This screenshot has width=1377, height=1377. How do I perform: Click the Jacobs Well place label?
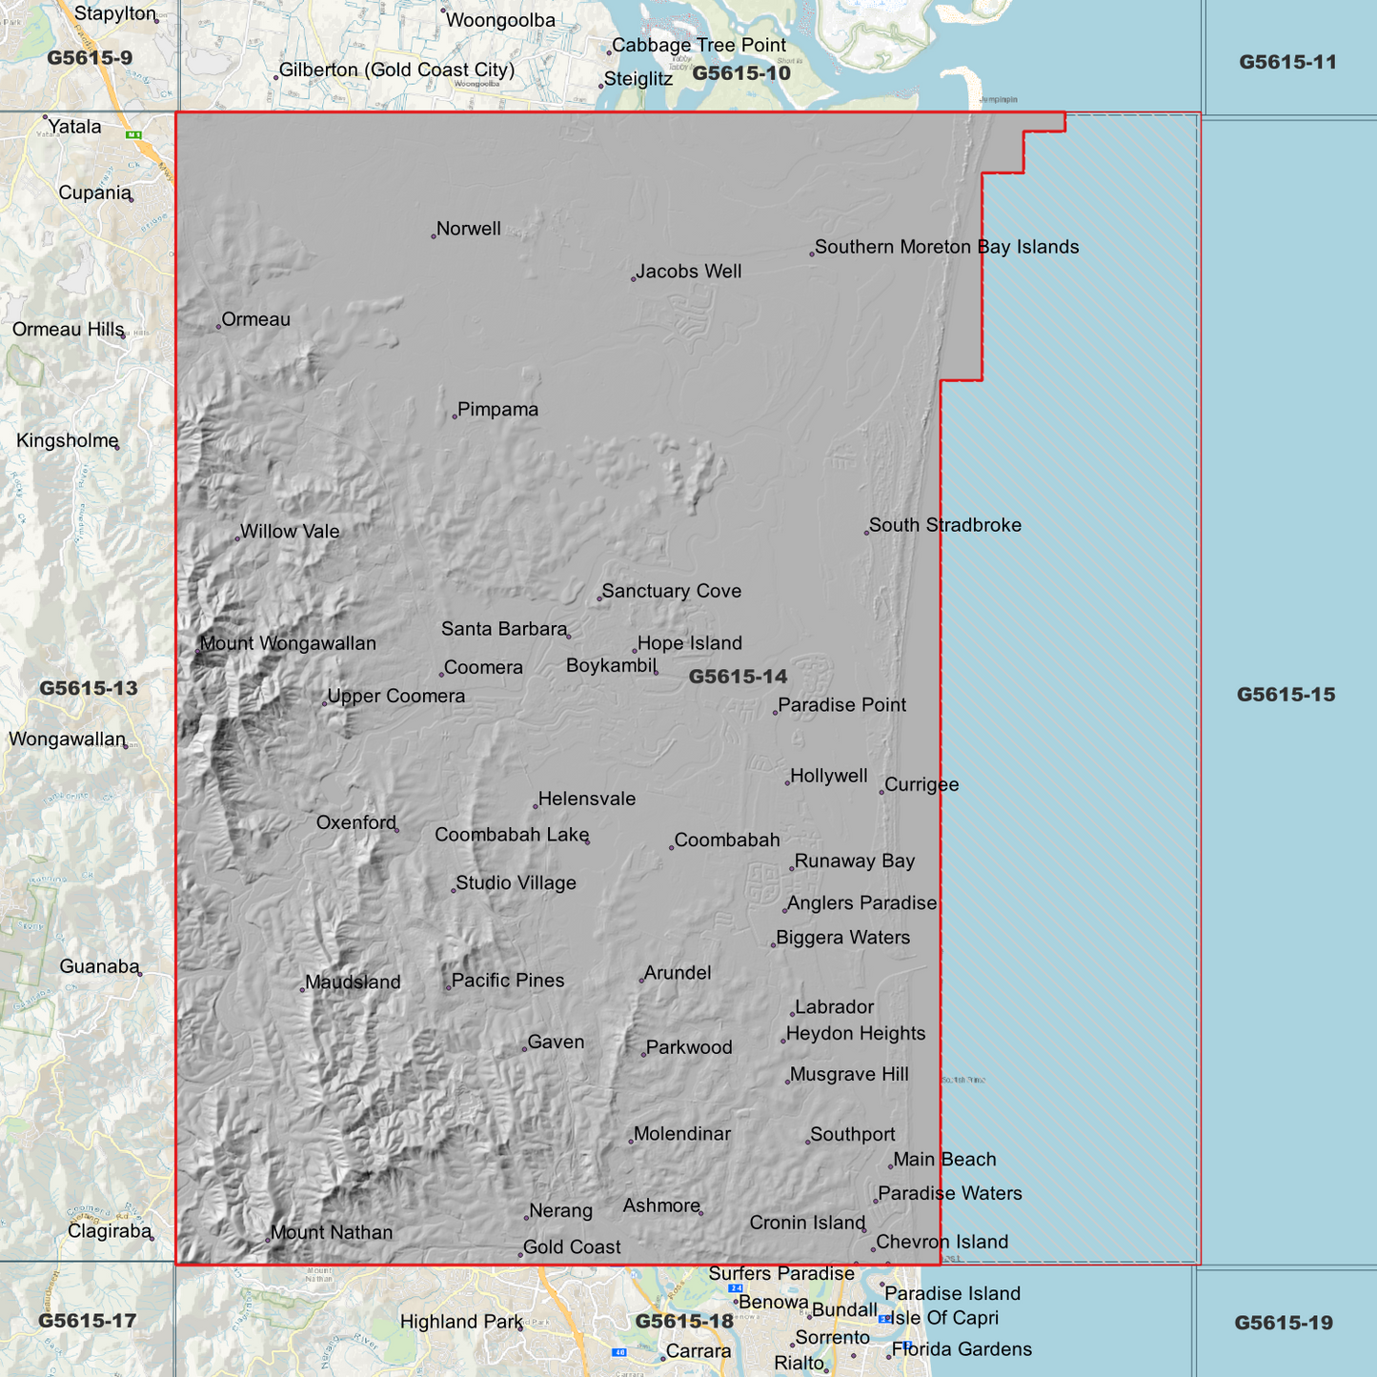[688, 272]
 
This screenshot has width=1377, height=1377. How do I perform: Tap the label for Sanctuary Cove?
[671, 591]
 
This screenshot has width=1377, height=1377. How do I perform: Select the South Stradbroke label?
[944, 525]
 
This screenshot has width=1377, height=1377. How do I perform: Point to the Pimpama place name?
[497, 410]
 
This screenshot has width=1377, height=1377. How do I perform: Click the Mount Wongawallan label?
[287, 643]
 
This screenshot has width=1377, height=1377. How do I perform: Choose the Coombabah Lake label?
[511, 835]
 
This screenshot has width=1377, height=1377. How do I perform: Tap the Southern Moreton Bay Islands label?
[946, 247]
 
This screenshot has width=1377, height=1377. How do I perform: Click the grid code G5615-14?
[738, 677]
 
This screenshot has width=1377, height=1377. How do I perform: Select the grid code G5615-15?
[1286, 695]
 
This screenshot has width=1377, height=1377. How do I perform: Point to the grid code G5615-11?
[1287, 62]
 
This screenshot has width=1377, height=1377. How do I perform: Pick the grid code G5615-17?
[88, 1321]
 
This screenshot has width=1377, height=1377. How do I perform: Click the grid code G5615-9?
[90, 58]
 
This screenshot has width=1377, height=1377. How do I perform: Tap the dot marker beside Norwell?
[434, 235]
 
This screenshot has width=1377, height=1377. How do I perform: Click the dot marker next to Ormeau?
[218, 327]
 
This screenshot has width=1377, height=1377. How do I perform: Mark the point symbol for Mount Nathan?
[267, 1239]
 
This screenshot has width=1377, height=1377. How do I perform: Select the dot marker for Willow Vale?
[237, 538]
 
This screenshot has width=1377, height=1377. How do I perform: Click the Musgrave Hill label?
[848, 1075]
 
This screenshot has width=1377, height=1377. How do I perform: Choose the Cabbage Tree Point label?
[699, 45]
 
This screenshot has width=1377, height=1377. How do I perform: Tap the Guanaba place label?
[99, 966]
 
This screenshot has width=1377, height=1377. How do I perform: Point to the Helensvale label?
[586, 799]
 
